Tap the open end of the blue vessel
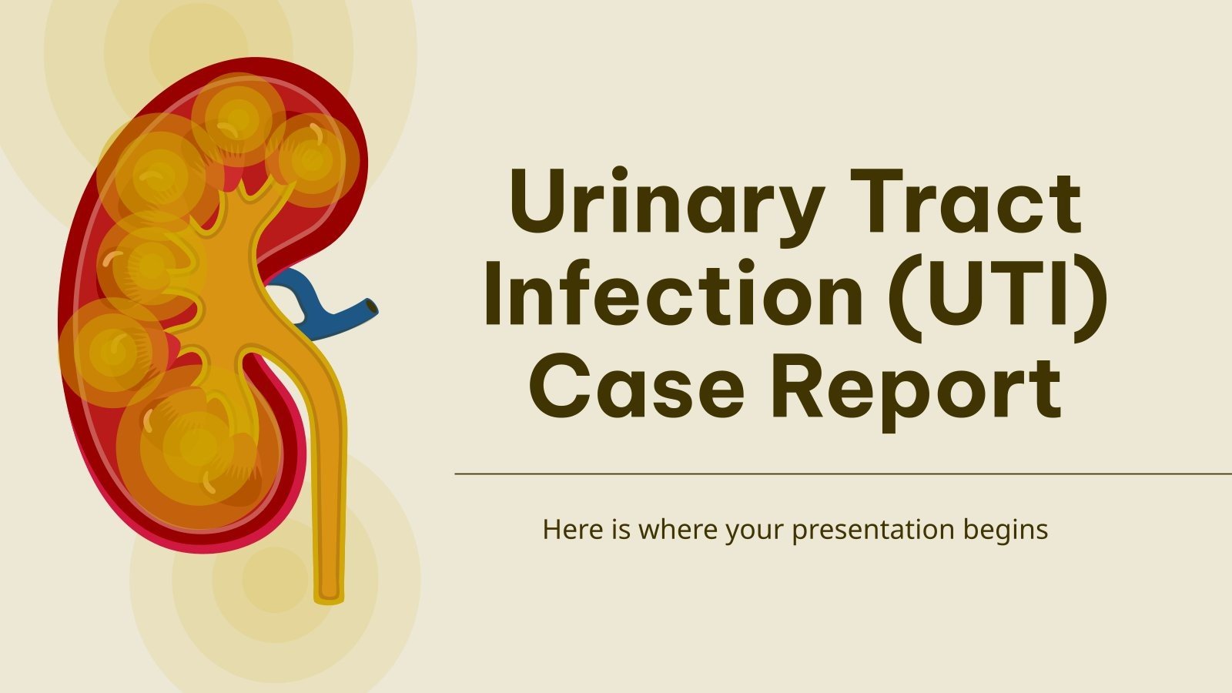373,306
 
